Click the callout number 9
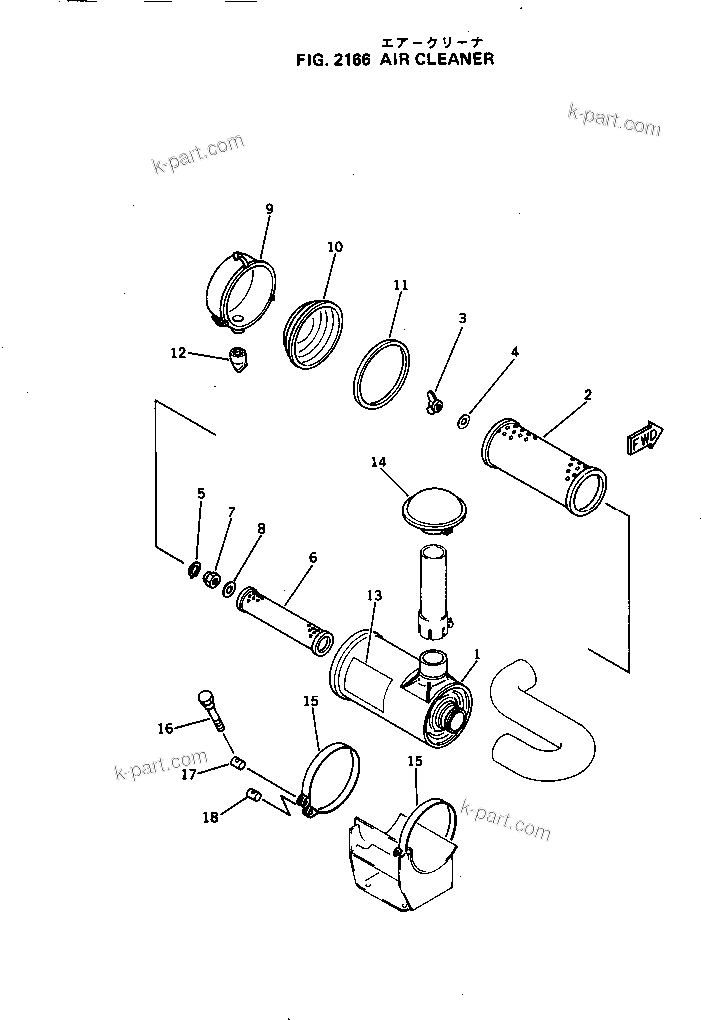point(269,208)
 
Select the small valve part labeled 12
point(239,358)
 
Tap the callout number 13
point(375,595)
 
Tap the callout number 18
point(210,817)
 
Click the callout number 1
point(477,655)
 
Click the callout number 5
point(200,493)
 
